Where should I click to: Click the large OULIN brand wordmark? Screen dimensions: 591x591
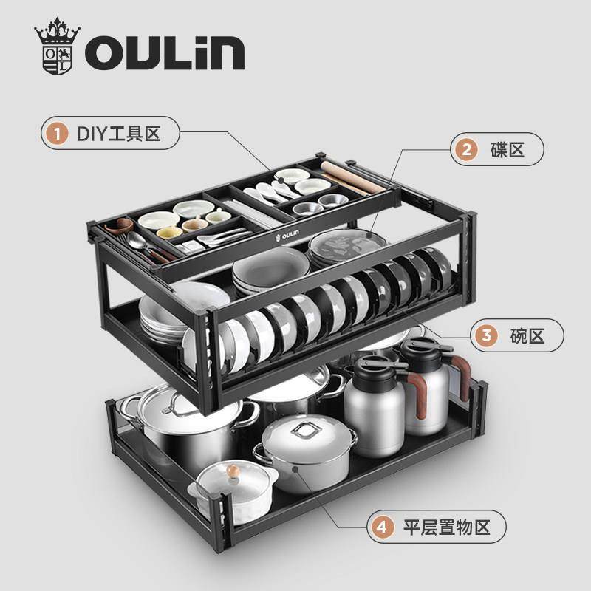click(x=164, y=54)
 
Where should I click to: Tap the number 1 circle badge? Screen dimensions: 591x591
click(x=54, y=134)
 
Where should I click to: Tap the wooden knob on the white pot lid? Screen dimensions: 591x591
click(x=233, y=471)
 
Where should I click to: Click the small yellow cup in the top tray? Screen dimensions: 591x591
click(x=193, y=225)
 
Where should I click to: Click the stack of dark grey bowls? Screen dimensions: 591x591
click(x=270, y=270)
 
